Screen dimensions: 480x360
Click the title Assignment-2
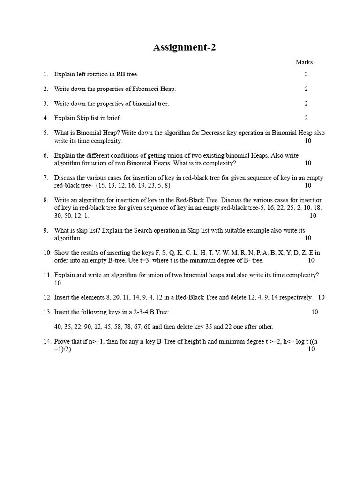pos(184,47)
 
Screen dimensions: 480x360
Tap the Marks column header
pos(304,62)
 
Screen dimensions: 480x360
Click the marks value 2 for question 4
pos(306,118)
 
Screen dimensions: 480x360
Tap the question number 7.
pos(45,178)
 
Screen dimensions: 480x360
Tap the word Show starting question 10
pos(61,253)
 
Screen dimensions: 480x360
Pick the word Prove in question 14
pos(62,342)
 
